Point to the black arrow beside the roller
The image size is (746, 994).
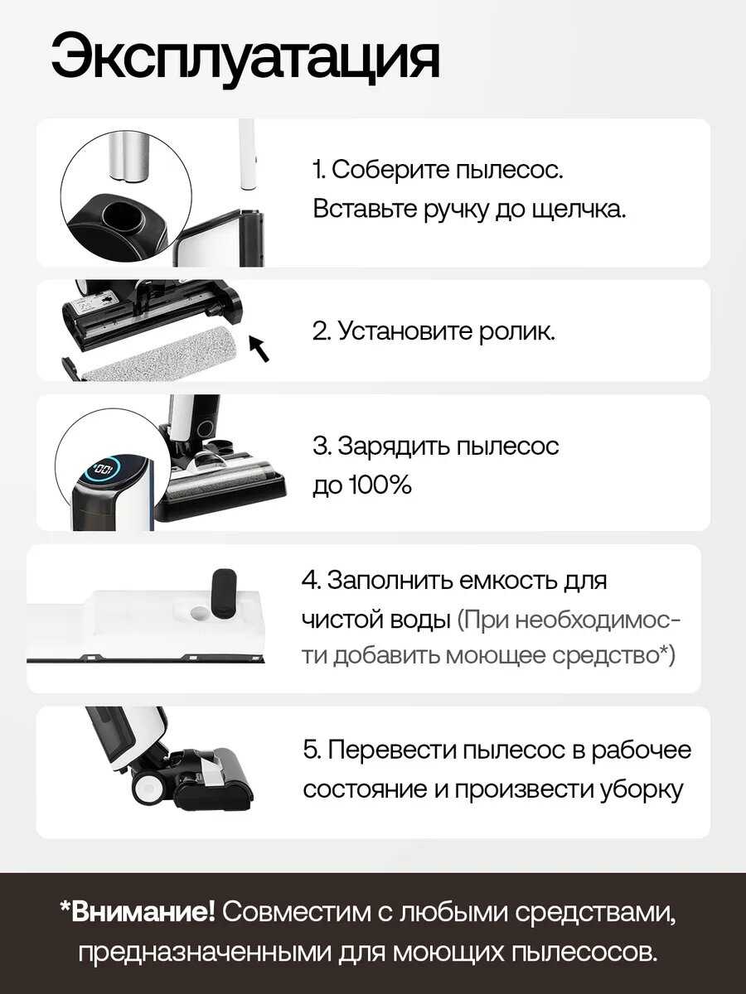[259, 348]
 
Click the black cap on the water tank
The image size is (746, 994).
[224, 594]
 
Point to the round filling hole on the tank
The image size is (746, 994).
[199, 613]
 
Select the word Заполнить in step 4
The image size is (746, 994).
[390, 581]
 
